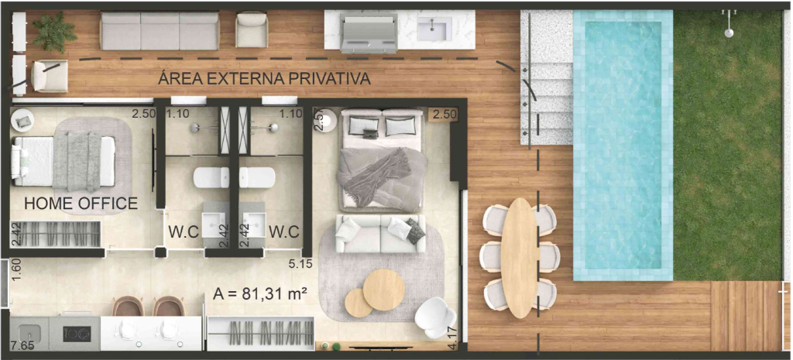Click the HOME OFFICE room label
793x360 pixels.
coord(81,204)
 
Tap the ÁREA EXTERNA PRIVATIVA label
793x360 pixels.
coord(265,79)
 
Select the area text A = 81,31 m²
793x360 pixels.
coord(260,293)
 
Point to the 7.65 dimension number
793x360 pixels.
coord(19,346)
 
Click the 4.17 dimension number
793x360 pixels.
coord(452,338)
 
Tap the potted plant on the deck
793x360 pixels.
coord(56,32)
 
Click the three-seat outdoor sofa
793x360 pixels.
coord(160,31)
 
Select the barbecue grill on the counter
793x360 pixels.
coord(368,33)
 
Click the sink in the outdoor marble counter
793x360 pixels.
coord(434,29)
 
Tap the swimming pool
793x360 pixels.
coord(623,146)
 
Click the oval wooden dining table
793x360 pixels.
coord(520,258)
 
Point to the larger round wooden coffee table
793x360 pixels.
coord(384,290)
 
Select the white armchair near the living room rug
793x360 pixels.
coord(435,317)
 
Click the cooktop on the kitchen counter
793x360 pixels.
coord(77,334)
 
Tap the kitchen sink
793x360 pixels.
coord(29,334)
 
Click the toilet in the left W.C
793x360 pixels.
coord(211,177)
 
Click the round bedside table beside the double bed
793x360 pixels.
coord(326,120)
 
